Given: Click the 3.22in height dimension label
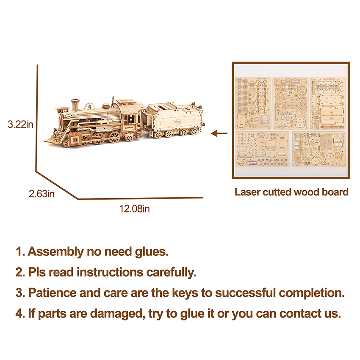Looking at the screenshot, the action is tap(20, 125).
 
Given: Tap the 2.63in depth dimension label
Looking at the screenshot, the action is tap(42, 194).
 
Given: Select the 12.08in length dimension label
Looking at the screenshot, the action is tap(134, 209).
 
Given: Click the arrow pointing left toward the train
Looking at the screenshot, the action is tap(219, 133).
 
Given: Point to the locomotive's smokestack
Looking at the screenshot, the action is tap(75, 105).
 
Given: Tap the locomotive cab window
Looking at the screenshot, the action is tap(130, 119).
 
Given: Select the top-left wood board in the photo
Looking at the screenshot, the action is tap(253, 103).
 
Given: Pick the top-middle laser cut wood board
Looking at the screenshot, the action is tap(291, 103).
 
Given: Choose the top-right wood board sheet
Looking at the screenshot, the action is tap(328, 103).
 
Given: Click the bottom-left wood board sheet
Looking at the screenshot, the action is tap(263, 149).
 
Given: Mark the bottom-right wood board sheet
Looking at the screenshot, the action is tap(319, 149).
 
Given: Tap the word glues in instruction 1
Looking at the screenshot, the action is tap(152, 252).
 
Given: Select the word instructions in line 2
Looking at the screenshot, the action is tap(110, 272).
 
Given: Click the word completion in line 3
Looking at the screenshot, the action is tap(312, 294).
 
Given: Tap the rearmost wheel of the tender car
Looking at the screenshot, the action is tap(195, 132).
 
